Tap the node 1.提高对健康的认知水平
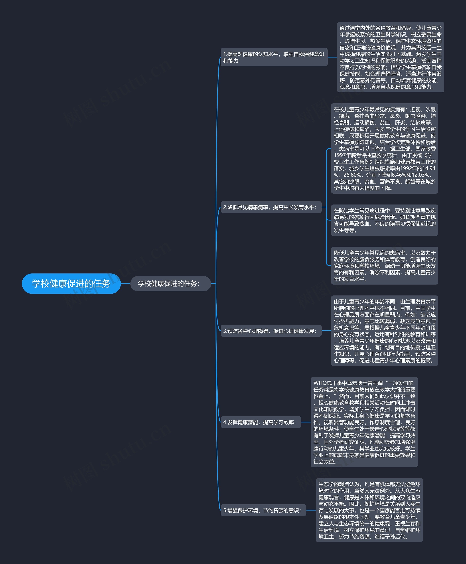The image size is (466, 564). click(x=274, y=57)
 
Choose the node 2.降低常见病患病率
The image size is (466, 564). click(x=270, y=207)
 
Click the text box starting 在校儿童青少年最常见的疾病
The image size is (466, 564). click(x=384, y=148)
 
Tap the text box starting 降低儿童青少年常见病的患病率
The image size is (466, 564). click(x=384, y=266)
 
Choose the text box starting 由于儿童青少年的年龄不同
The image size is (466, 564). click(x=384, y=331)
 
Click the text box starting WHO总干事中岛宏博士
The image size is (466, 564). click(x=364, y=422)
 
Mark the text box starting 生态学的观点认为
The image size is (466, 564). click(x=369, y=510)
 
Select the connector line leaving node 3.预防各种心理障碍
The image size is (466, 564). click(x=326, y=331)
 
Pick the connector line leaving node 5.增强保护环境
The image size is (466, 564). click(x=311, y=510)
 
